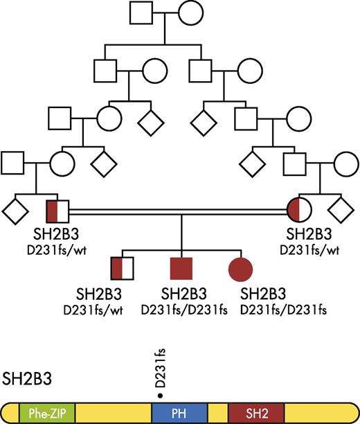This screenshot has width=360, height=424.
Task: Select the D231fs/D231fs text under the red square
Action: pyautogui.click(x=179, y=308)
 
